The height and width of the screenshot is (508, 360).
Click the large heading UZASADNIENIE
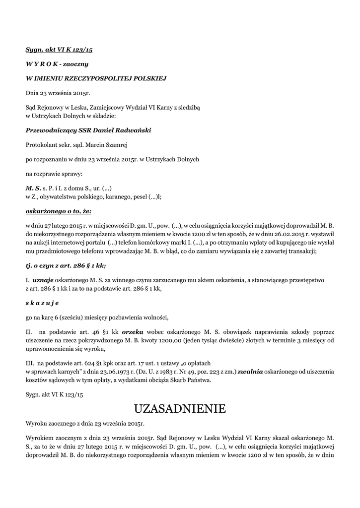(x=180, y=409)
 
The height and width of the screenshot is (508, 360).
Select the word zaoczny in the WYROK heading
(x=75, y=64)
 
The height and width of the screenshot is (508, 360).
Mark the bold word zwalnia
(x=250, y=371)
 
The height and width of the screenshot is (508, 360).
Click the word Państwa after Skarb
(x=198, y=380)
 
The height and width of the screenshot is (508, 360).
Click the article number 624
(x=89, y=363)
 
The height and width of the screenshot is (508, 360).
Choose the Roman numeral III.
(x=31, y=363)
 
